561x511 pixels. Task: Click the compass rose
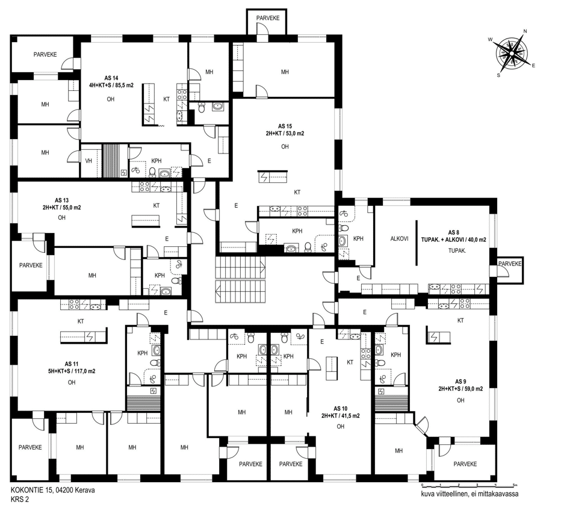511,53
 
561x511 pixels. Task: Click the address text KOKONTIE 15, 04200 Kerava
53,491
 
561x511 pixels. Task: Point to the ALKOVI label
399,239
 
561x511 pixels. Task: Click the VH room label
88,161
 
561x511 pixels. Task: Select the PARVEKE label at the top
268,18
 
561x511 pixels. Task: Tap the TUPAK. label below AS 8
457,251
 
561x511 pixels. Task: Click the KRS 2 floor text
20,499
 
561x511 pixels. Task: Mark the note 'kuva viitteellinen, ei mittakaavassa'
470,494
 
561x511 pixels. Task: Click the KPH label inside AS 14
157,161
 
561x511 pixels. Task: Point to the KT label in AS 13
157,205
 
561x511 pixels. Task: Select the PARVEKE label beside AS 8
510,264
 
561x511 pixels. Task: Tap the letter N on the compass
525,31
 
